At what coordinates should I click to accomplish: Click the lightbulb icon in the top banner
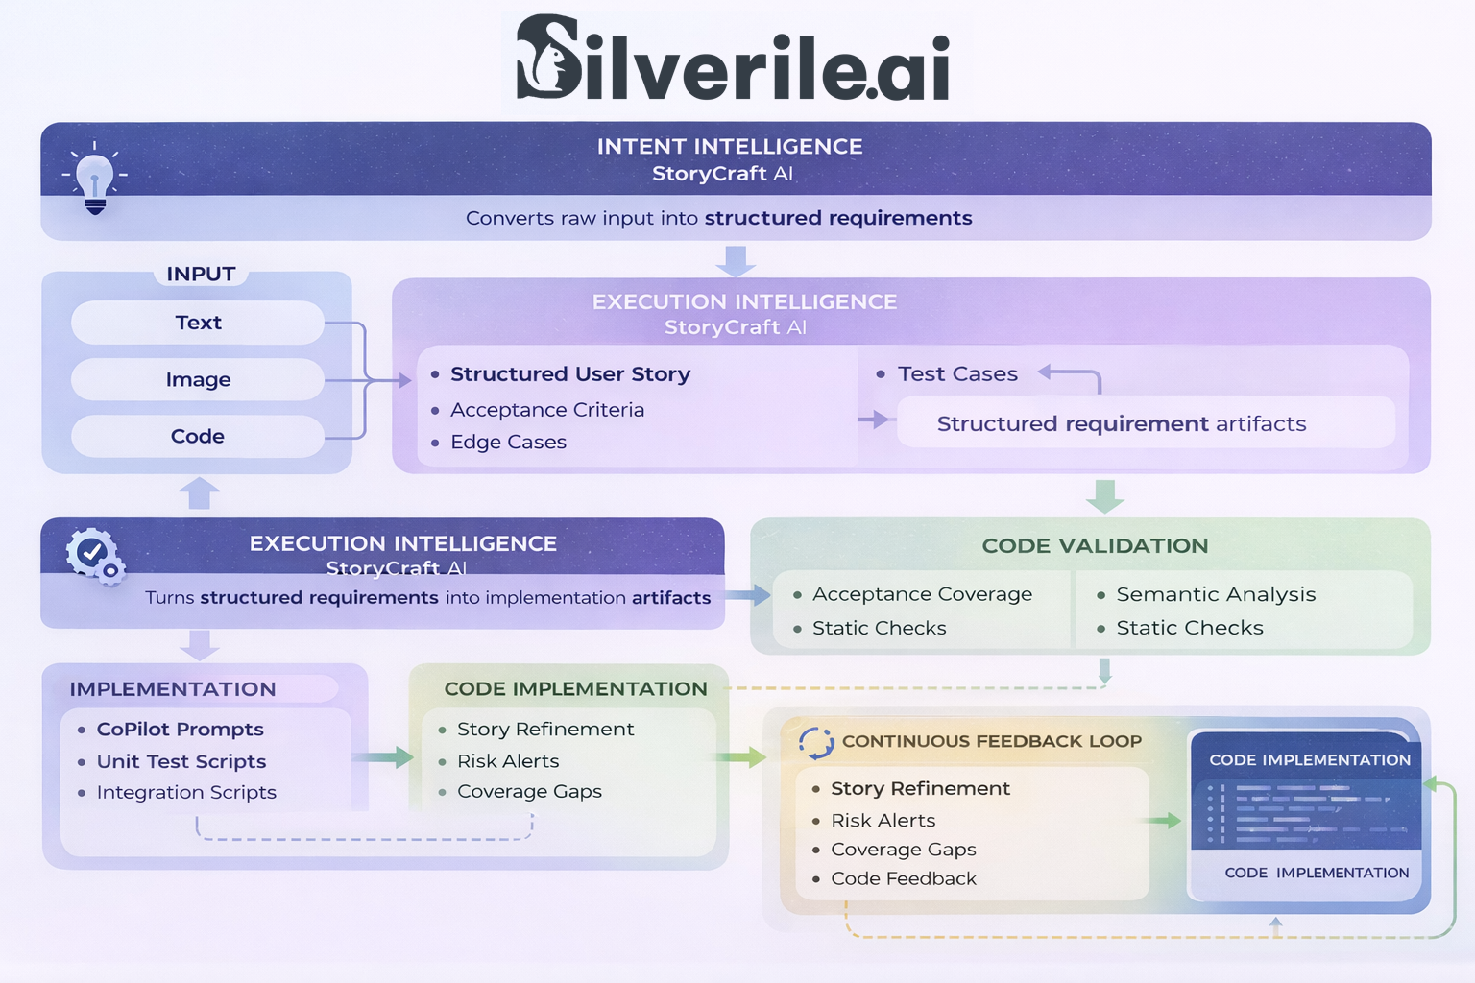(94, 179)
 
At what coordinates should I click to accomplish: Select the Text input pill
(198, 323)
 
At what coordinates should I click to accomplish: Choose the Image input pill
(198, 379)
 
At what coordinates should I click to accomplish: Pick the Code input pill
(198, 436)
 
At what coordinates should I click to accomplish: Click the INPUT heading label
(201, 274)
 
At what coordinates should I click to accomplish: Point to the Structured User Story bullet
(569, 373)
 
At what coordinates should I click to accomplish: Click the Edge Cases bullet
(508, 442)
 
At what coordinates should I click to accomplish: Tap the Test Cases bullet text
(956, 373)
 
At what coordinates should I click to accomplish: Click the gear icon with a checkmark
(94, 555)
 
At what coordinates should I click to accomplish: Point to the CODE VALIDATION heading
(1095, 545)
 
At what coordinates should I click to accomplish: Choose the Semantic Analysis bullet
(1215, 594)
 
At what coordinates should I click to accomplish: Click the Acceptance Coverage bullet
(922, 594)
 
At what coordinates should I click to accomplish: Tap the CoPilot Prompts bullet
(180, 729)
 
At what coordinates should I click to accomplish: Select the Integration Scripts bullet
(186, 792)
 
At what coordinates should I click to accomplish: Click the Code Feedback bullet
(903, 878)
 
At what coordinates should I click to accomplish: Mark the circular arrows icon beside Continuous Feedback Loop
(816, 742)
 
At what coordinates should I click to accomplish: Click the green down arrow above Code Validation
(1104, 496)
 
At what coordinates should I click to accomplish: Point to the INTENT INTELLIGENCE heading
(730, 146)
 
